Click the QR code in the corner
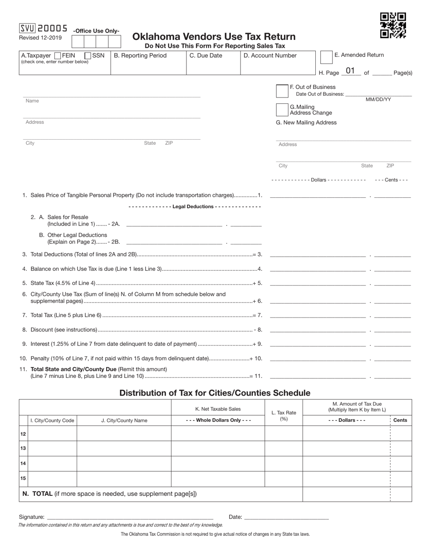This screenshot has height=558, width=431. [393, 26]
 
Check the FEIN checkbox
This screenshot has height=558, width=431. [58, 56]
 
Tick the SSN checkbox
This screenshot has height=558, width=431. [88, 56]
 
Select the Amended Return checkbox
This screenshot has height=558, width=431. [326, 57]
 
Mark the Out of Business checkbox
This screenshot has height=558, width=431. [282, 91]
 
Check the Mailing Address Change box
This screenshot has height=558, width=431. [282, 110]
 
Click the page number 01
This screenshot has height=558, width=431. [350, 71]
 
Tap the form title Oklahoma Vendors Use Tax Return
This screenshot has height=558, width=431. [214, 37]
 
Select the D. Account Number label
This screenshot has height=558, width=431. [270, 56]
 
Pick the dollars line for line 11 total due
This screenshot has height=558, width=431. [318, 376]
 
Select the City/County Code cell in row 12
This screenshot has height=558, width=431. [52, 434]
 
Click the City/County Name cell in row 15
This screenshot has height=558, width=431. [124, 479]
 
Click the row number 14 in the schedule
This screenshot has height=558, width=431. [23, 464]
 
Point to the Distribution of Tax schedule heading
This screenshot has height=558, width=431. [215, 393]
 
